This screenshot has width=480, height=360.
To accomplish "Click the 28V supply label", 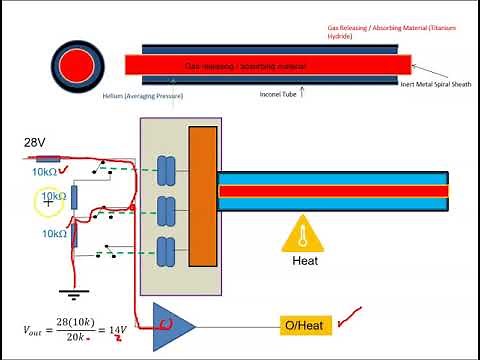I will coord(36,143).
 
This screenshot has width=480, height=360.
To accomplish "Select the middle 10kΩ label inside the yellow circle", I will coord(54,197).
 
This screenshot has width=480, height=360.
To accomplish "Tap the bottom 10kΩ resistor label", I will coord(54,234).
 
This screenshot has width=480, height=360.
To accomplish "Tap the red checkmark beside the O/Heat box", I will coord(351,320).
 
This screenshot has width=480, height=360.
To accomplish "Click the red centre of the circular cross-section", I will coord(75,66).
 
